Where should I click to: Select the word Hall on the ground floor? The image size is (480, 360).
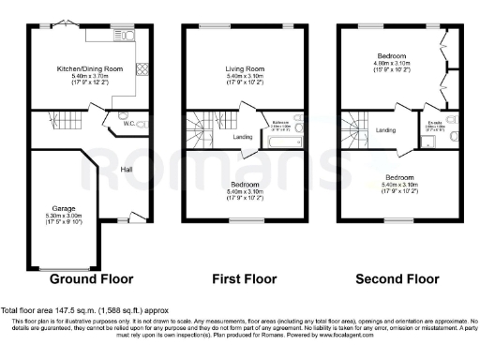(127, 170)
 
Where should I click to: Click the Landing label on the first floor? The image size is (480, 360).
(243, 137)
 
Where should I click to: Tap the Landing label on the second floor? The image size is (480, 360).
(386, 129)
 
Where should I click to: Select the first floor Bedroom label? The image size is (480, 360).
(247, 184)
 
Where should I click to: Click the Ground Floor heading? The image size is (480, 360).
(91, 278)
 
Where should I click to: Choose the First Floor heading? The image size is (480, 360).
(247, 278)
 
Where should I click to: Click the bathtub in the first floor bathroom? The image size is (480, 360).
(282, 142)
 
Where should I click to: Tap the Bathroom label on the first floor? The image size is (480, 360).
(281, 122)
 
